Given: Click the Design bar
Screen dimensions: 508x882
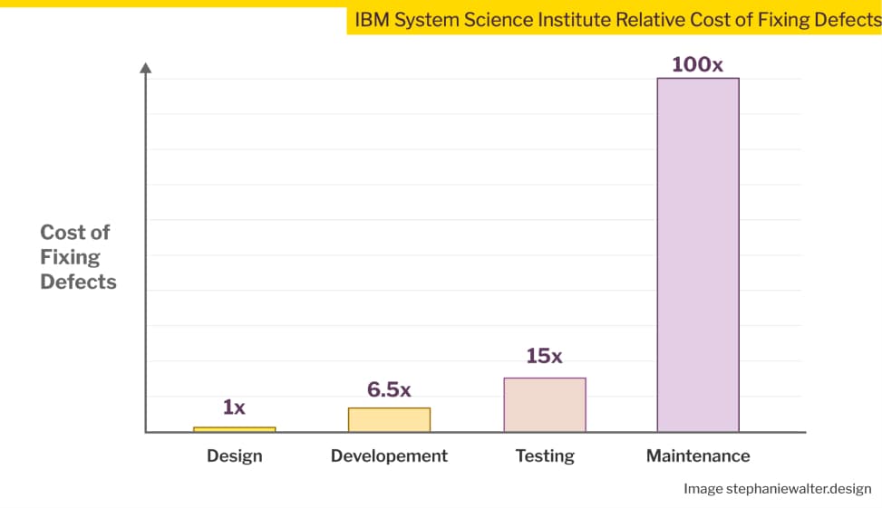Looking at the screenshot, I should click(x=235, y=429).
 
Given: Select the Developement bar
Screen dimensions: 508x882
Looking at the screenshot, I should click(x=389, y=419).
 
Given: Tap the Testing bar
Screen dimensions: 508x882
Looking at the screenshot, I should click(x=544, y=405).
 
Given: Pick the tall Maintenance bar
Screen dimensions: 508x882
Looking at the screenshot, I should click(x=698, y=254).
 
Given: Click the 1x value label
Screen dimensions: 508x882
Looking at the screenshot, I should click(x=234, y=407).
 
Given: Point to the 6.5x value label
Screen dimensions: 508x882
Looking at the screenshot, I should click(x=389, y=389).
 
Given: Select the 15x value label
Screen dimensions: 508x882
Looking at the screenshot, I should click(x=544, y=356).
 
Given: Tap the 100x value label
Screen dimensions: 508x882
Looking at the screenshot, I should click(x=698, y=64).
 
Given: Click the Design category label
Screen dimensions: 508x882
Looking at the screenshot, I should click(x=235, y=455).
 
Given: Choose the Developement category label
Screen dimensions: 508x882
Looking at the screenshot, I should click(x=389, y=455).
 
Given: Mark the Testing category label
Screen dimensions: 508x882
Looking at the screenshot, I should click(x=545, y=455).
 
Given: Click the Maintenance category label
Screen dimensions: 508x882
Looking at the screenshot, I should click(x=698, y=455).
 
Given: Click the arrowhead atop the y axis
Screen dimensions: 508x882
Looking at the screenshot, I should click(x=146, y=67).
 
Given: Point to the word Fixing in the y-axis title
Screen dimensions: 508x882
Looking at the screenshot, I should click(x=70, y=257).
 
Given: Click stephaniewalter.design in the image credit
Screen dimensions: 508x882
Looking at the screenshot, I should click(x=799, y=489).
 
